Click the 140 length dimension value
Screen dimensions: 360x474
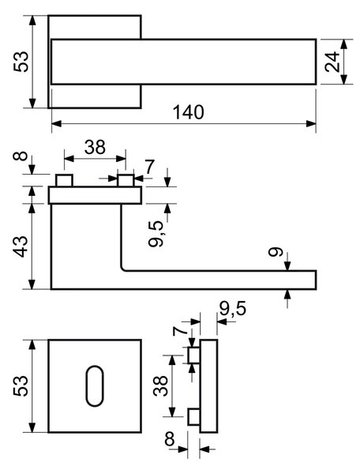coord(189,112)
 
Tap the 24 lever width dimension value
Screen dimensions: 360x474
coord(332,62)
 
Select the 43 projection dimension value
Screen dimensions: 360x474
coord(21,246)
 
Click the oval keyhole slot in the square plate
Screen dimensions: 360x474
coord(95,386)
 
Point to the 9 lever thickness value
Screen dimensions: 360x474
coord(276,252)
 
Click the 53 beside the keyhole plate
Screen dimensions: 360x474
coord(21,386)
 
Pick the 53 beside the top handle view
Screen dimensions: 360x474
coord(21,62)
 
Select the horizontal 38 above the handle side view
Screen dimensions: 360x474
coord(95,147)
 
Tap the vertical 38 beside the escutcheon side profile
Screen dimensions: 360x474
coord(160,386)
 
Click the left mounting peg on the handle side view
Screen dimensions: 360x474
coord(64,180)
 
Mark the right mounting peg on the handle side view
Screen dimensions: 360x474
coord(126,180)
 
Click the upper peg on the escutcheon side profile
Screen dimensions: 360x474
coord(193,355)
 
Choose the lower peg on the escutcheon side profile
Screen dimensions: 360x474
coord(193,417)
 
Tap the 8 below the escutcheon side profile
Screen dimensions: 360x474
coord(170,439)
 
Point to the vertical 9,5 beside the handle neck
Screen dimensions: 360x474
coord(156,233)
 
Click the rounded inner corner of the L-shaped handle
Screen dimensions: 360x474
coord(123,269)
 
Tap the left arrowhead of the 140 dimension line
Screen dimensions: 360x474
coord(57,123)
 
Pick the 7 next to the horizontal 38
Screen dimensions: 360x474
coord(149,167)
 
